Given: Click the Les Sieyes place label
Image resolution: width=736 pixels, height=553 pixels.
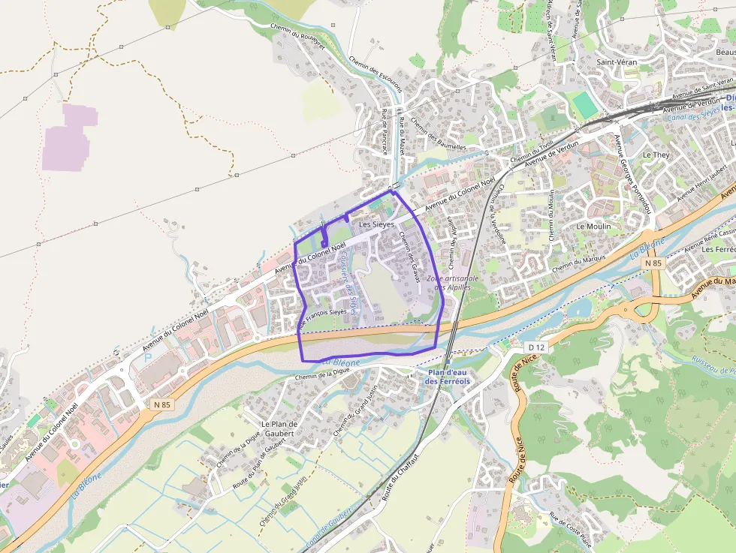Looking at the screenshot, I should point(376,224).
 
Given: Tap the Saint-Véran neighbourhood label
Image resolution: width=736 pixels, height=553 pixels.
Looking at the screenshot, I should point(616,62).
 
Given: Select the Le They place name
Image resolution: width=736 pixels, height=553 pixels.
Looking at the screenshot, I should point(656,155).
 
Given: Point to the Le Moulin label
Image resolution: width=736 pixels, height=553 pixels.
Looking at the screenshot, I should point(593,226).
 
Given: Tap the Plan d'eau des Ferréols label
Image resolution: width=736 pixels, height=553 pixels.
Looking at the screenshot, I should point(448,377).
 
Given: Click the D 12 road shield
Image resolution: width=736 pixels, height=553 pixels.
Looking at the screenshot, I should point(535,347).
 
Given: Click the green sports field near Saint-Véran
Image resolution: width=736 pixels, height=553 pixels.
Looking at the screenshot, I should point(584,104).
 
